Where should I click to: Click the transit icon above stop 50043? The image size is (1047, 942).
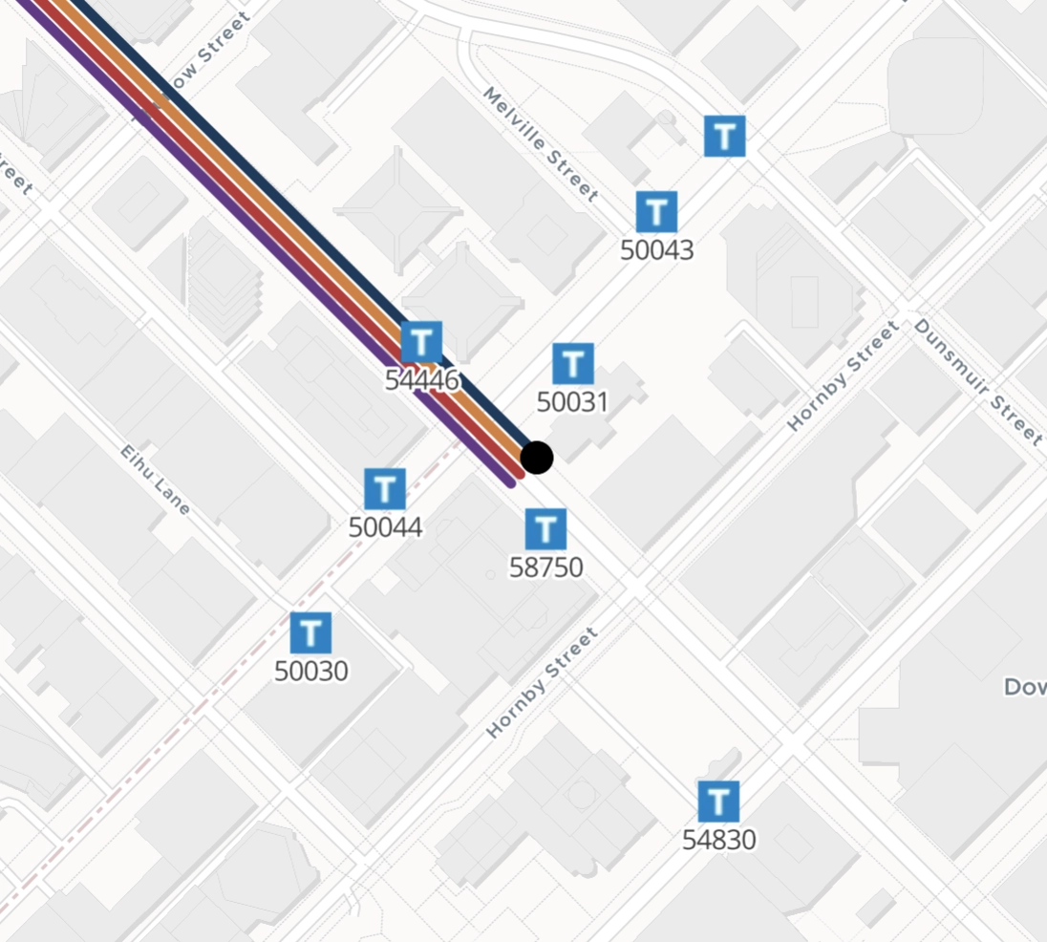(x=656, y=211)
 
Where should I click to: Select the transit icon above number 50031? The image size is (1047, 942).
(x=573, y=364)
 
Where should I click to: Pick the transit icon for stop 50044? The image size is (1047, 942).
(x=385, y=489)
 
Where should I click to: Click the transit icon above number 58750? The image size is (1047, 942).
(x=545, y=529)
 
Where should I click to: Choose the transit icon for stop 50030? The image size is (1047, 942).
(x=310, y=632)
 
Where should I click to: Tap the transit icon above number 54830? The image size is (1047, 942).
(x=718, y=802)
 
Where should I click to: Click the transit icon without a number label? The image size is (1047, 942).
(x=724, y=136)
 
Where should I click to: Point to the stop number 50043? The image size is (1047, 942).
(x=656, y=250)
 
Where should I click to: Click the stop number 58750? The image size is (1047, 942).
(x=545, y=567)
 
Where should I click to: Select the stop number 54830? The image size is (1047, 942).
(x=718, y=841)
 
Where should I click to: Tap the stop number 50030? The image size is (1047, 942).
(x=310, y=672)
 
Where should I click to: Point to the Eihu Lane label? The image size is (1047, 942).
(x=156, y=480)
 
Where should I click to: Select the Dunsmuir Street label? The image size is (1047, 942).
(x=977, y=381)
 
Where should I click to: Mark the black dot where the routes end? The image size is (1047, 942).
(x=537, y=458)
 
